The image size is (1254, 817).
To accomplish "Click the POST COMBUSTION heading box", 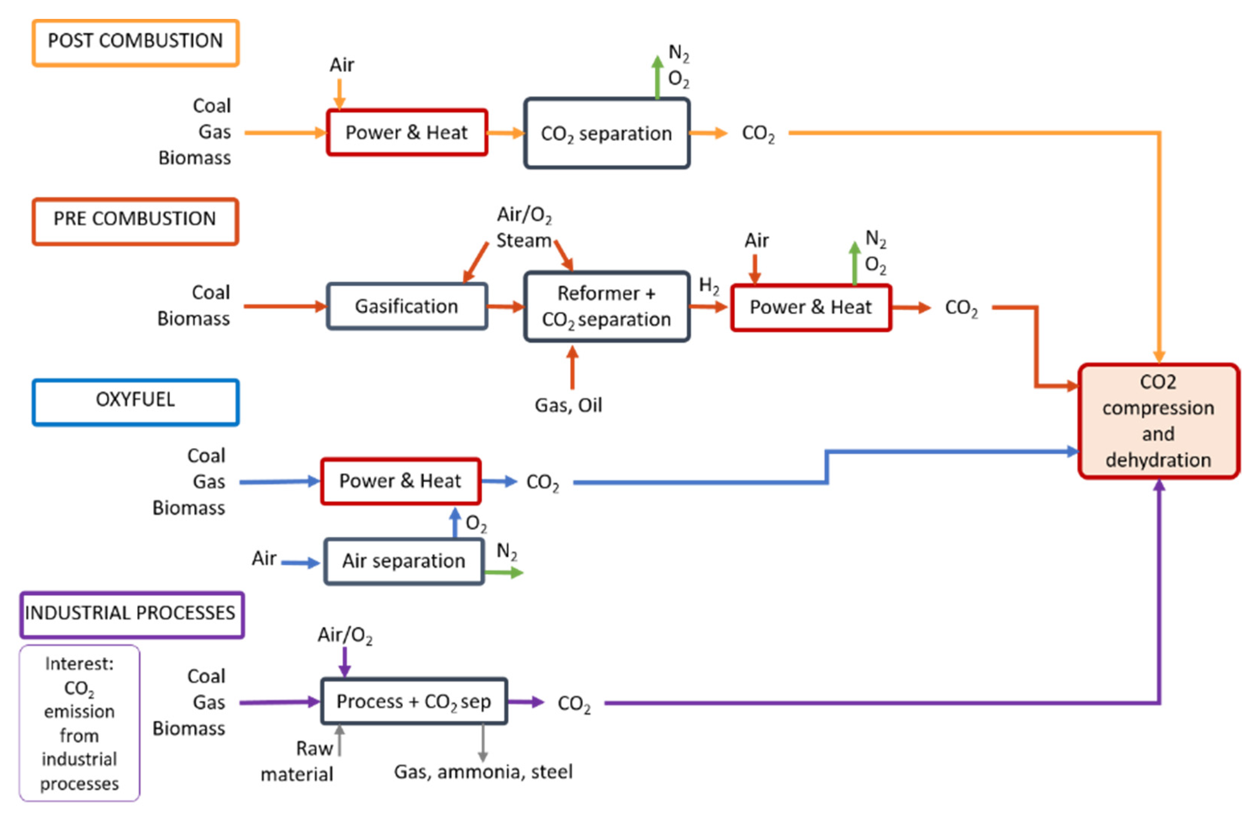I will [x=135, y=42].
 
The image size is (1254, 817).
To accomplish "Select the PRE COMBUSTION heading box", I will [x=135, y=221].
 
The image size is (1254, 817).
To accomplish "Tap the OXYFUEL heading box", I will [x=135, y=402].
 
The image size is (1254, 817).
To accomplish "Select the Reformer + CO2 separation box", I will [x=606, y=306].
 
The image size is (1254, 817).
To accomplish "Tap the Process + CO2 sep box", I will [x=413, y=701].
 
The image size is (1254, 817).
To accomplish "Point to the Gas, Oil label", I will [x=568, y=405].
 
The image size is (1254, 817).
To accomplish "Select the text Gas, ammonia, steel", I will [x=483, y=772].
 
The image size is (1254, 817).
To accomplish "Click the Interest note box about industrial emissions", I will [x=79, y=723].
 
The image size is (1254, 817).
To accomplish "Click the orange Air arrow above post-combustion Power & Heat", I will [x=339, y=94].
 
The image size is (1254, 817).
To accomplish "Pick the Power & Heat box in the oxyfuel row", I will [x=401, y=481].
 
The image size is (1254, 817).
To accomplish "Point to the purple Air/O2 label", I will [x=345, y=635].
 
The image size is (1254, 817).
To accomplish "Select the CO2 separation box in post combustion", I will [x=606, y=133].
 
